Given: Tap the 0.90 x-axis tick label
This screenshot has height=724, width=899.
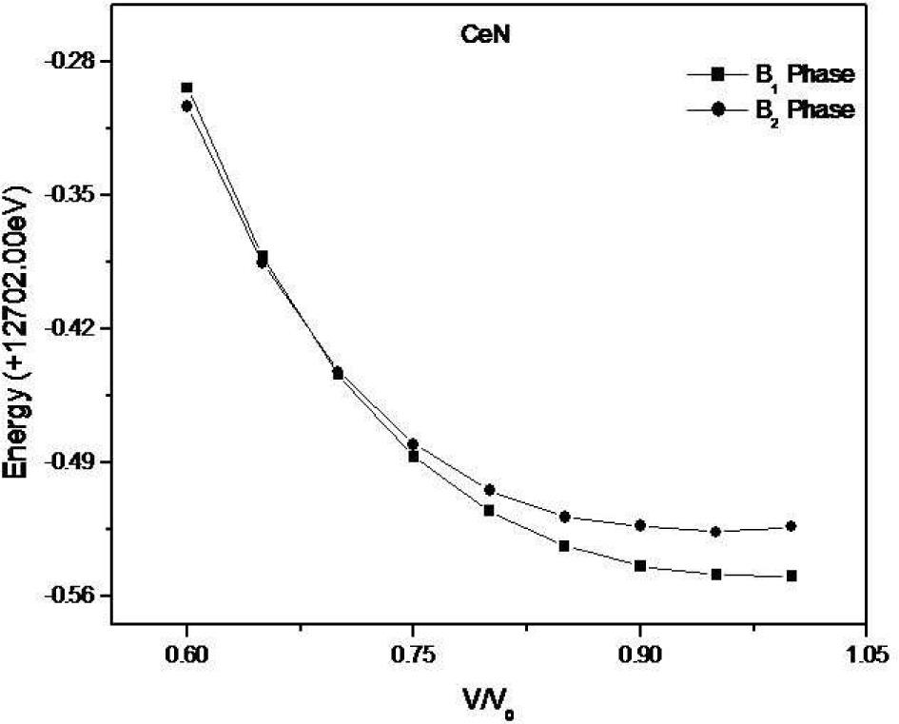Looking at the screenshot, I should (639, 656).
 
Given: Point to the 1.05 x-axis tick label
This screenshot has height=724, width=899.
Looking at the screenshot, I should (865, 656).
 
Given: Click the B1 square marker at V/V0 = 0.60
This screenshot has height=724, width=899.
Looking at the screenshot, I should (187, 88).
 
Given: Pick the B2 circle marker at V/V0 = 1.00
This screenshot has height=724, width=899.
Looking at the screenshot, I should (791, 526).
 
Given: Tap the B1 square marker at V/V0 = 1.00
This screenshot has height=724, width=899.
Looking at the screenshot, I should (791, 576).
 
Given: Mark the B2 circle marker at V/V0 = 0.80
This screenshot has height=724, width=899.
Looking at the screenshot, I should (489, 490).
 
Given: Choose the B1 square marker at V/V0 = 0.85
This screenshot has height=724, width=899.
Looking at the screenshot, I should (564, 546).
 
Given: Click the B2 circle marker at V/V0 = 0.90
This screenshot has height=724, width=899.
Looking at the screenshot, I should (640, 525).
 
